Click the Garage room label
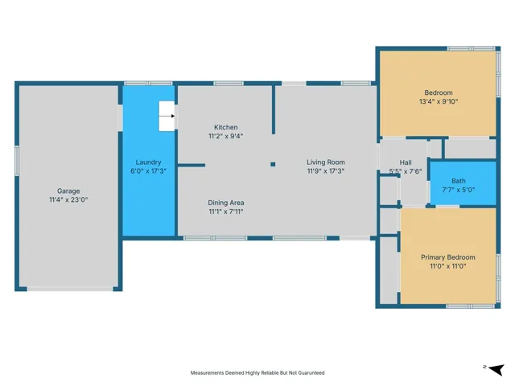pos(68,191)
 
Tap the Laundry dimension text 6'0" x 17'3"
pos(148,171)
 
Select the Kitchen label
pos(225,127)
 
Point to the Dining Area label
pos(225,203)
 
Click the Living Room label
pos(326,162)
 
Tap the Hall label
pos(406,162)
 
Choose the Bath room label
pos(459,181)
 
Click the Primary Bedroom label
pos(448,257)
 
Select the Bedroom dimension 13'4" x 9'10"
pos(439,101)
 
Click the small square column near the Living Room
pos(273,164)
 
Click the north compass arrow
pos(496,369)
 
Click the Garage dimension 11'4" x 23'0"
pos(68,199)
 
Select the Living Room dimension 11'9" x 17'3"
pos(326,171)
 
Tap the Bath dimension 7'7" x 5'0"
pos(459,190)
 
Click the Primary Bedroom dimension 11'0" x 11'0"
pos(448,266)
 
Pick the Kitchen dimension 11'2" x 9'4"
pos(225,136)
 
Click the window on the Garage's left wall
pos(17,161)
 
